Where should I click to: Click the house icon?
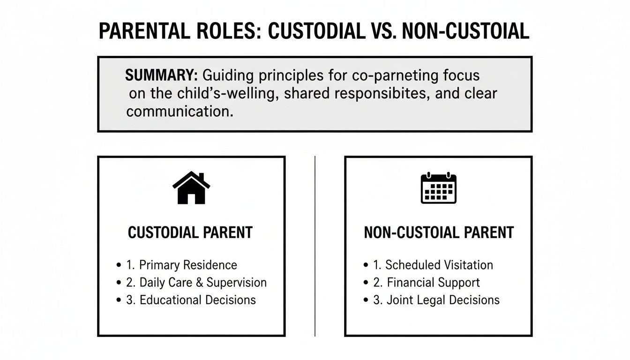pyautogui.click(x=191, y=188)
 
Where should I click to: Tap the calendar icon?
pyautogui.click(x=438, y=188)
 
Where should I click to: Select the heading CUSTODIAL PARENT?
pyautogui.click(x=190, y=232)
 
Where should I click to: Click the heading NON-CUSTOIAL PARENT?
pyautogui.click(x=438, y=232)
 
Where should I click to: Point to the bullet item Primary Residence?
pyautogui.click(x=182, y=265)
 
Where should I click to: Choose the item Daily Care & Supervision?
pyautogui.click(x=196, y=283)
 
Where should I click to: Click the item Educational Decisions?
pyautogui.click(x=191, y=300)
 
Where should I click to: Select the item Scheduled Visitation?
pyautogui.click(x=433, y=265)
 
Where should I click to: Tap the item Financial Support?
pyautogui.click(x=427, y=283)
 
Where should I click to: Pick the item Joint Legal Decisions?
pyautogui.click(x=436, y=300)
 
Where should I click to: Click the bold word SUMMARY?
pyautogui.click(x=161, y=75)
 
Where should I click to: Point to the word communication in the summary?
pyautogui.click(x=180, y=112)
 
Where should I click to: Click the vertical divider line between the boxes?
pyautogui.click(x=315, y=246)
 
